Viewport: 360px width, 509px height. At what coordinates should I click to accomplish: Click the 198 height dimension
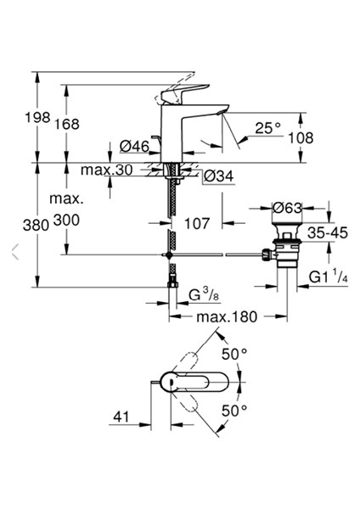(37, 117)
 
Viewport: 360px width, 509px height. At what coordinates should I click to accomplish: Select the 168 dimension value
(66, 124)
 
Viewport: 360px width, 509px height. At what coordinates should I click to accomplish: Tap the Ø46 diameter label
(134, 147)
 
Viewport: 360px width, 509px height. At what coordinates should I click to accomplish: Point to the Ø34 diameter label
(219, 176)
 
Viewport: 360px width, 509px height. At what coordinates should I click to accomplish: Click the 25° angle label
(267, 128)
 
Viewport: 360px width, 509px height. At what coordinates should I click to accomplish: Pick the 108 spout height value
(301, 137)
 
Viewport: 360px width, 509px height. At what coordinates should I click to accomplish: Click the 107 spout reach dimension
(197, 223)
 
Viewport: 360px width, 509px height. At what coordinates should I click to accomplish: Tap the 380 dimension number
(36, 225)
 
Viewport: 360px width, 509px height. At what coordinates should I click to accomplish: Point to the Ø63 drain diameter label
(287, 208)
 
